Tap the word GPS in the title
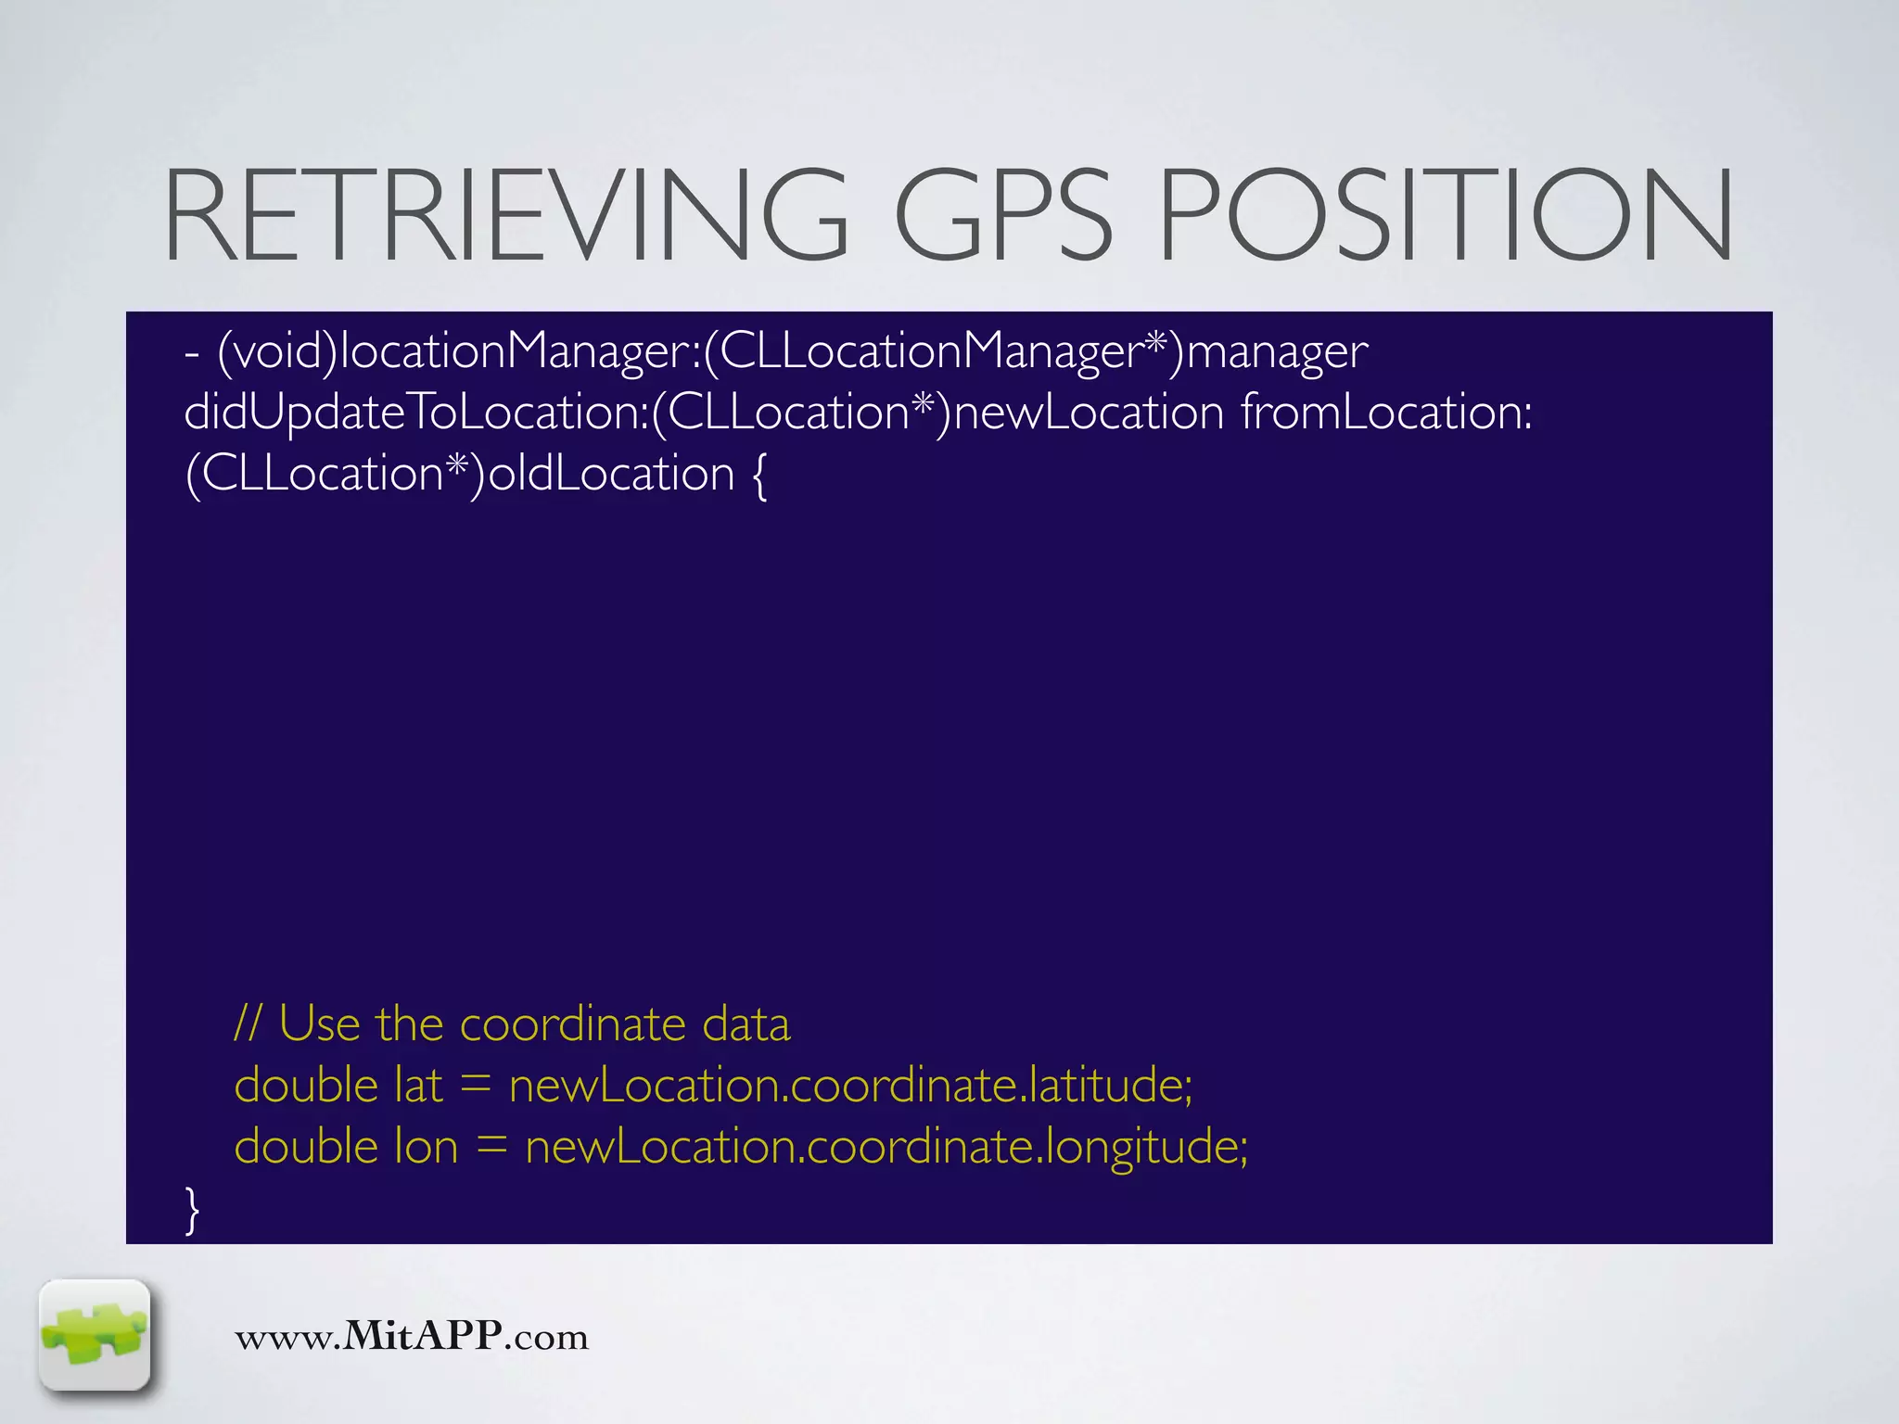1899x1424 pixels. tap(1002, 215)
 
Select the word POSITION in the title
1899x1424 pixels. tap(1446, 215)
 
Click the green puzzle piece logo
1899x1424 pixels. tap(95, 1335)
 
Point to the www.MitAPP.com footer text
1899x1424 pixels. tap(412, 1336)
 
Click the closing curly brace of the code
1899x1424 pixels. tap(192, 1210)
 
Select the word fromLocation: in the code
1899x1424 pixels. tap(1387, 412)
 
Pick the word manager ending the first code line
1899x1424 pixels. tap(1277, 351)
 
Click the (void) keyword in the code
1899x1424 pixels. tap(277, 351)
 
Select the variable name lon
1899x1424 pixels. tap(427, 1147)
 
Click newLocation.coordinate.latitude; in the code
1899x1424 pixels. tap(850, 1085)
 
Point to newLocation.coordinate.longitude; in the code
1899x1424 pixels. tap(886, 1147)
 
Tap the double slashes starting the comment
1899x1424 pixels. tap(248, 1024)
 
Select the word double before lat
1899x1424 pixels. tap(306, 1085)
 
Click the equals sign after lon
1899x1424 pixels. tap(491, 1148)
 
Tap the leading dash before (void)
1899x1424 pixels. tap(192, 353)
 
